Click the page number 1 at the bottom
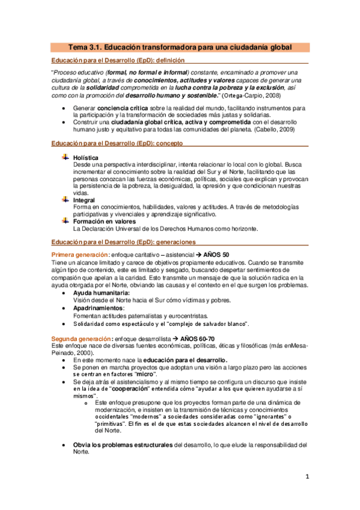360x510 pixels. click(x=307, y=478)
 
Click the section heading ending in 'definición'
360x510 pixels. click(x=118, y=61)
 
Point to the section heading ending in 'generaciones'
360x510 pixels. click(x=123, y=242)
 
